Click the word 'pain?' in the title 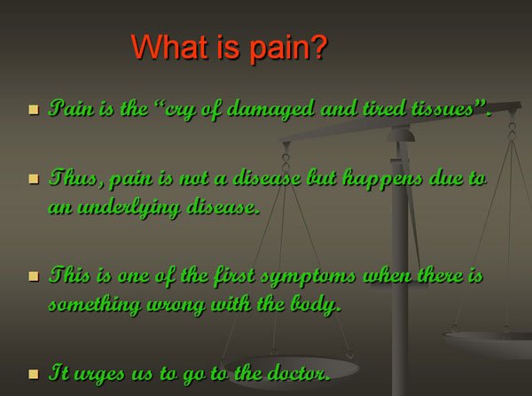[x=288, y=48]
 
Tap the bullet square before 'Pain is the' [x=34, y=110]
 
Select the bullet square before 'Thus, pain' [x=34, y=179]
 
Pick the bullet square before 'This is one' [x=34, y=276]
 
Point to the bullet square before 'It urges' [x=34, y=374]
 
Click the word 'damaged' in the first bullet [x=270, y=110]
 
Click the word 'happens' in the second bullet [x=382, y=179]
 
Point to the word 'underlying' [x=129, y=207]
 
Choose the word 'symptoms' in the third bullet [x=308, y=276]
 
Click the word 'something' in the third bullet [x=95, y=306]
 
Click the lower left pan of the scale [x=291, y=369]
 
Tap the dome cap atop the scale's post [x=401, y=134]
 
